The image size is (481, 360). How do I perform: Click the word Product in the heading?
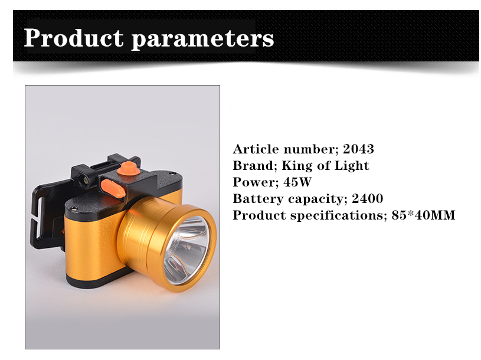pos(74,38)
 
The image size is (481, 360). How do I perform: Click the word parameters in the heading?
pos(203,40)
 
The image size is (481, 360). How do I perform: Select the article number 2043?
pos(358,149)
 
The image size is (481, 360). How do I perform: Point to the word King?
pos(297,166)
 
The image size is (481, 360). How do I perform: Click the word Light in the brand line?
pos(351,166)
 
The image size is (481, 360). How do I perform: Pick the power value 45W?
pos(297,182)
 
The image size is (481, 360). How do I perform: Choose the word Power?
pos(256,182)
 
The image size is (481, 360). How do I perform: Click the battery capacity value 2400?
pos(367,199)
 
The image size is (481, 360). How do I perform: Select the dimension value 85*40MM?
pos(423,215)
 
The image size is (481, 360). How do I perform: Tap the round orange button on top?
pos(129,168)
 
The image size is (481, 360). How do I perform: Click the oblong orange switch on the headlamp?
pos(113,189)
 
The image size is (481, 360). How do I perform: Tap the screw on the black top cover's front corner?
pos(73,209)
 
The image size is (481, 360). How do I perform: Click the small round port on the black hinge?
pos(84,180)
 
